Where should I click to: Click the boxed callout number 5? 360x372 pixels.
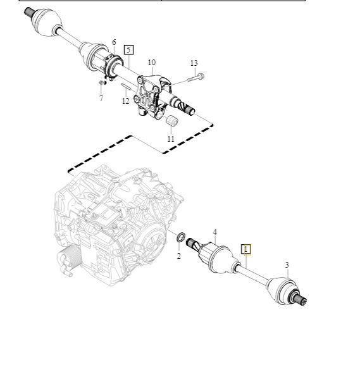pyautogui.click(x=128, y=50)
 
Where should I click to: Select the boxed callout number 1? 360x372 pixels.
pyautogui.click(x=246, y=249)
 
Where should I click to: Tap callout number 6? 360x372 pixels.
pyautogui.click(x=114, y=42)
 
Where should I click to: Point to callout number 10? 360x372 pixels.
pyautogui.click(x=152, y=63)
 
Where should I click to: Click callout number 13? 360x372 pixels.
pyautogui.click(x=194, y=63)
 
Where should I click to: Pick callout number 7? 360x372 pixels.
pyautogui.click(x=101, y=98)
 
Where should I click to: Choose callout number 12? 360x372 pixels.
pyautogui.click(x=126, y=101)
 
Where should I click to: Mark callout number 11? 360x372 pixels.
pyautogui.click(x=171, y=139)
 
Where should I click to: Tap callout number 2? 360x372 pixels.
pyautogui.click(x=178, y=256)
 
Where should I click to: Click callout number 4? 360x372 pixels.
pyautogui.click(x=215, y=232)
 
